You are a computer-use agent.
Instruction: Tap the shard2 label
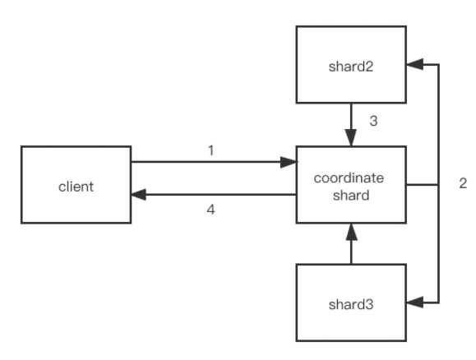pyautogui.click(x=350, y=66)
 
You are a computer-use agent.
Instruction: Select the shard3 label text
pyautogui.click(x=350, y=302)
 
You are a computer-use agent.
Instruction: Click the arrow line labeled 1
pyautogui.click(x=206, y=162)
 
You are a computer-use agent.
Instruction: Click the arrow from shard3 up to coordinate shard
pyautogui.click(x=351, y=247)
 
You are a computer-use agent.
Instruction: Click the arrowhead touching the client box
pyautogui.click(x=139, y=195)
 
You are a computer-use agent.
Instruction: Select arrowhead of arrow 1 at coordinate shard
pyautogui.click(x=290, y=162)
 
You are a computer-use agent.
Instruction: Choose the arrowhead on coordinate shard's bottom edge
pyautogui.click(x=351, y=230)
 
